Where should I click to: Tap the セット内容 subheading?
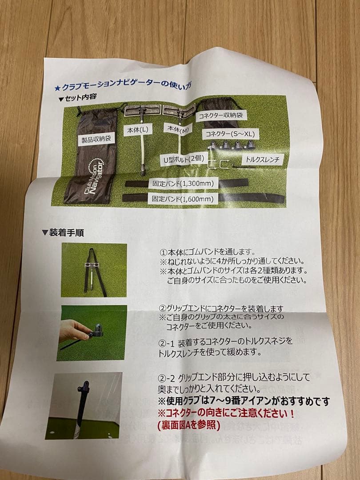[78, 96]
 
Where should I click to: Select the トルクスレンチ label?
[260, 159]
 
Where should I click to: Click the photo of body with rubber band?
[94, 270]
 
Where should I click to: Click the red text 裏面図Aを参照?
[188, 424]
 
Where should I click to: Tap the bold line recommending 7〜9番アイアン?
[244, 402]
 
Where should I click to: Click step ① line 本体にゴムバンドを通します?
[207, 252]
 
